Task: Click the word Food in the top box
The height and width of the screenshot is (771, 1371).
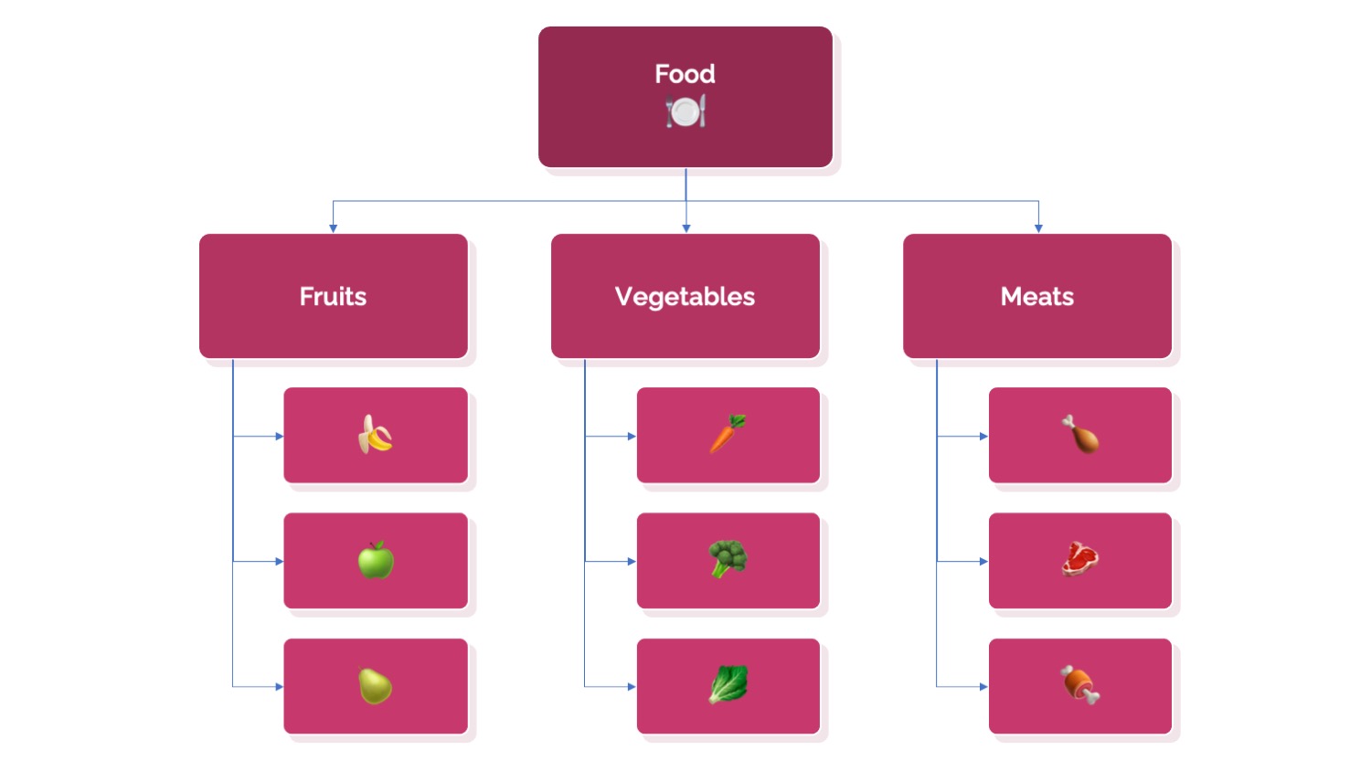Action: tap(685, 74)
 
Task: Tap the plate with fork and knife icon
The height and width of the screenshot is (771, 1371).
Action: tap(685, 111)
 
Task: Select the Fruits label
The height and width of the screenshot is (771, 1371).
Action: tap(333, 296)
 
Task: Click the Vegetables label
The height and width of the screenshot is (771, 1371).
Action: tap(685, 297)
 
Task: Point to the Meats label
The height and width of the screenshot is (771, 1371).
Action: tap(1036, 296)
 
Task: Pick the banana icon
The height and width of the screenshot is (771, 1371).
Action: tap(375, 435)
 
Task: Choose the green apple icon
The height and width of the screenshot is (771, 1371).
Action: tap(376, 560)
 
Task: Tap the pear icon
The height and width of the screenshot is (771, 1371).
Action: tap(375, 686)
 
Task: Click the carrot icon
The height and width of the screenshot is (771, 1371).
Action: tap(728, 434)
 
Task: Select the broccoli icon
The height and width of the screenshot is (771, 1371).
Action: tap(728, 559)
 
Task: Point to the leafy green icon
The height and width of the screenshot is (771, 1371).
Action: tap(728, 684)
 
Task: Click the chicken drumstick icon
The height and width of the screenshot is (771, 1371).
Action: tap(1080, 435)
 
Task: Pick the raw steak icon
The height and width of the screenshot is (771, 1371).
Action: tap(1079, 559)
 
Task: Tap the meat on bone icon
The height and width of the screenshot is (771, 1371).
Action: tap(1079, 685)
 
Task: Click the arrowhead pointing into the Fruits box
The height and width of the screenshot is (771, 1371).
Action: tap(333, 229)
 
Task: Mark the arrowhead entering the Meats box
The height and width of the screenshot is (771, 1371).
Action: tap(1038, 229)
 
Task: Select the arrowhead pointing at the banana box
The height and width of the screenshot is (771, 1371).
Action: tap(279, 437)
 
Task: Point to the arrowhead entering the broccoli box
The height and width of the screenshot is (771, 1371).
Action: tap(632, 561)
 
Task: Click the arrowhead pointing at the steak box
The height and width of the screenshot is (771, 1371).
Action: tap(983, 561)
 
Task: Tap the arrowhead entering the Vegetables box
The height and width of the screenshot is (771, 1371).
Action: tap(686, 229)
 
